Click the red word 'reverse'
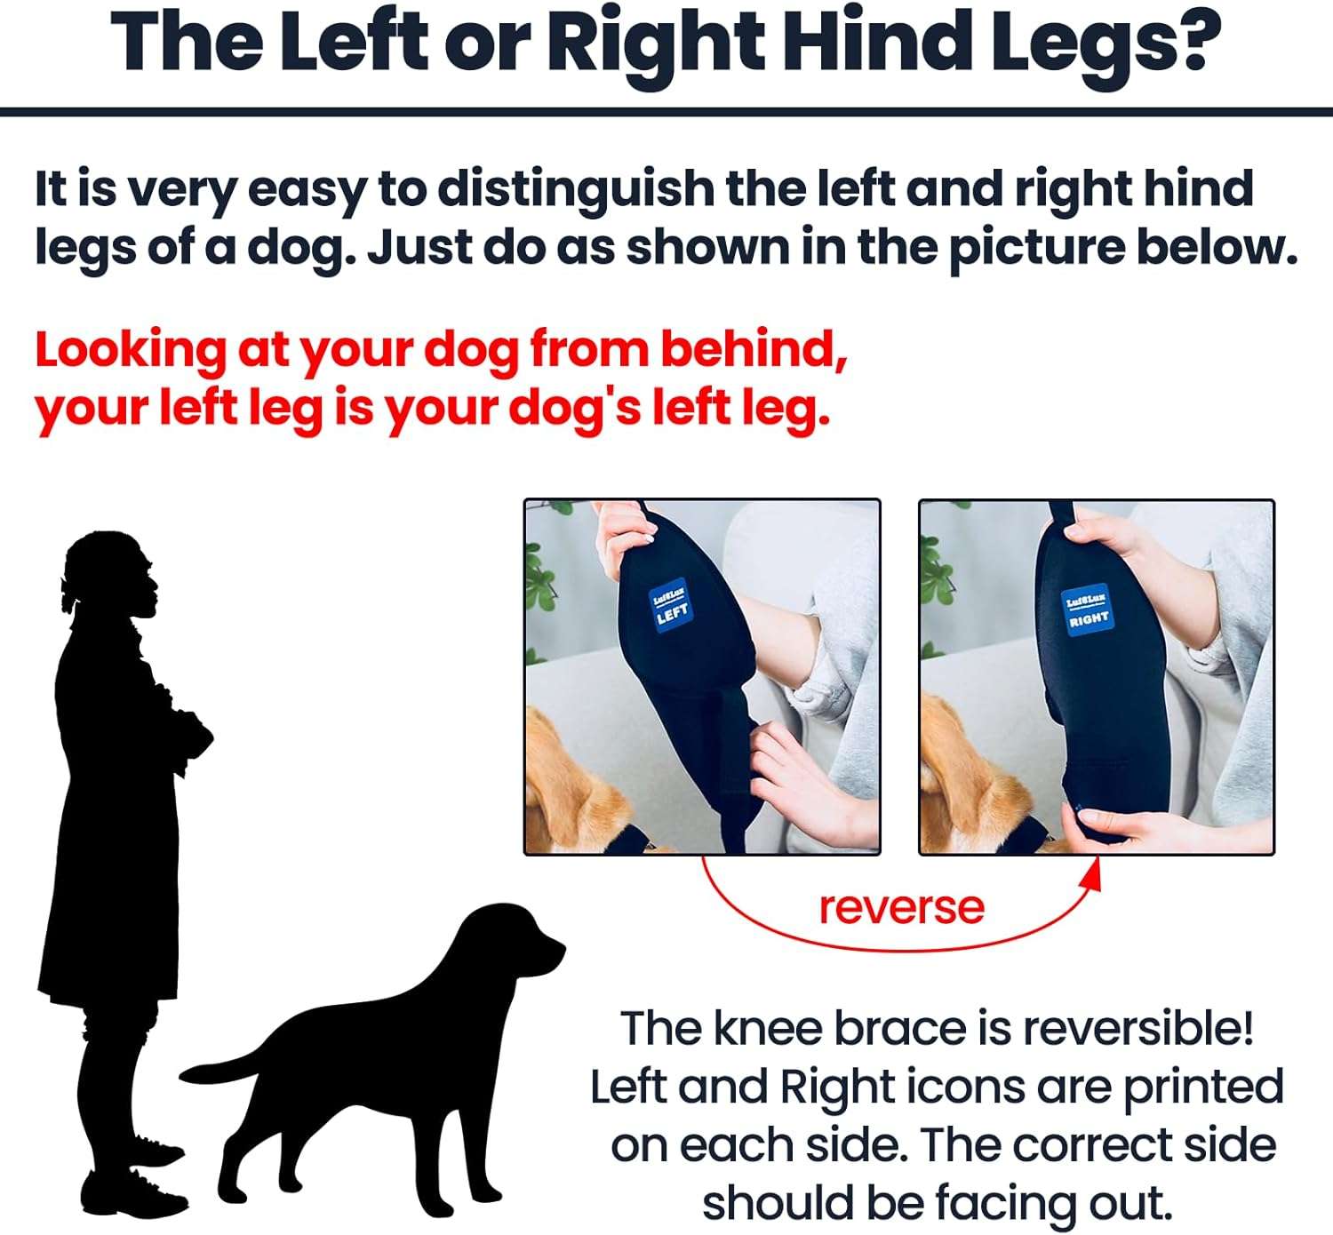901,907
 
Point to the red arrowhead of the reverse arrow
1093,874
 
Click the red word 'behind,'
754,350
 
